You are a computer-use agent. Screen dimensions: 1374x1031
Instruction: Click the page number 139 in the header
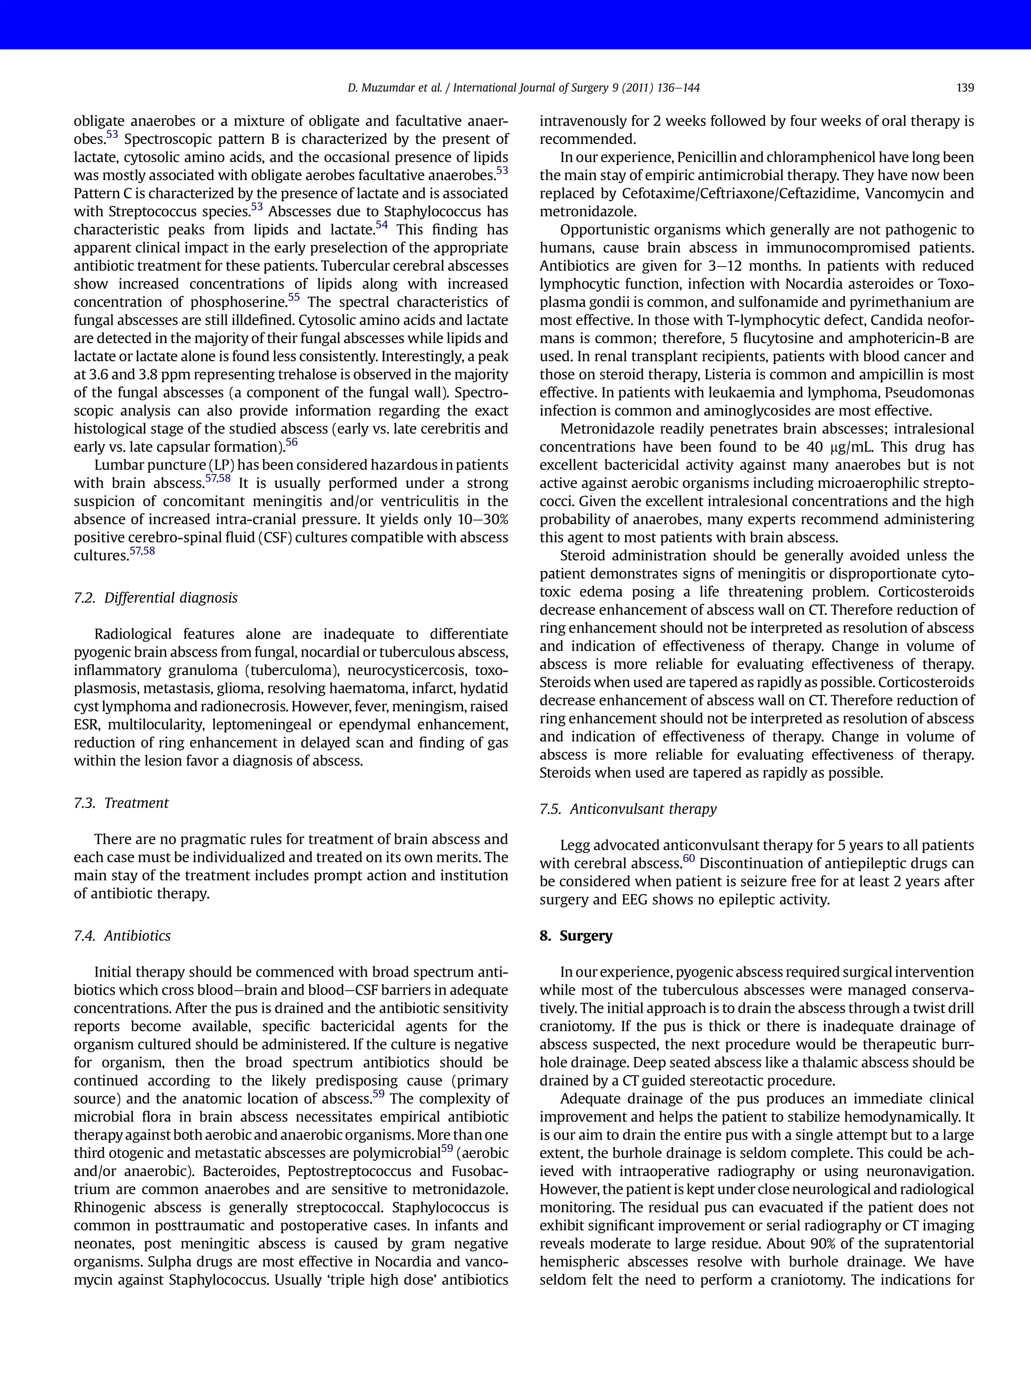coord(965,88)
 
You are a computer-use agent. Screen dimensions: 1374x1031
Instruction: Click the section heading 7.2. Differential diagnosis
coord(156,598)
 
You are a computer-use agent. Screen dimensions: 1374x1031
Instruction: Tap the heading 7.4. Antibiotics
coord(122,935)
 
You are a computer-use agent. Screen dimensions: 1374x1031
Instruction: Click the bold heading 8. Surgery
coord(575,935)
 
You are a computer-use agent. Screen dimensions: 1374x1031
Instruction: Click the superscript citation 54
coord(382,225)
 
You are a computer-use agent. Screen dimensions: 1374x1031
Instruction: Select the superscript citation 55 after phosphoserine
coord(294,297)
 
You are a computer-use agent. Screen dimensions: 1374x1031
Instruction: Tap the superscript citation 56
coord(291,442)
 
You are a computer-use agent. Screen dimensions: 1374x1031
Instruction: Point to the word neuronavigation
coord(919,1172)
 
